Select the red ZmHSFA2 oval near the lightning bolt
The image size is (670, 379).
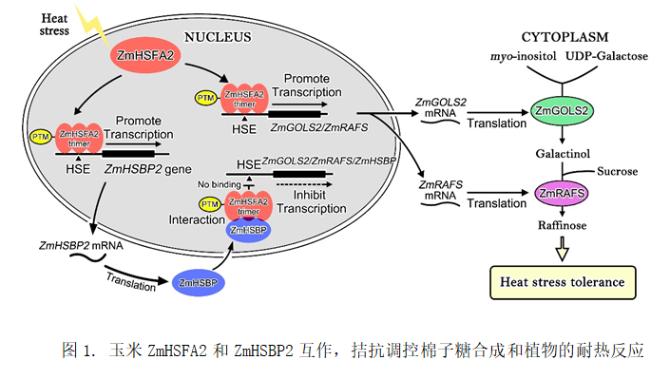point(145,55)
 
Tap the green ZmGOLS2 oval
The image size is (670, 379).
point(562,111)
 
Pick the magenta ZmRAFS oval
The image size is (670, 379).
point(562,193)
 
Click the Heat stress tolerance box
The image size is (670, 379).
point(563,282)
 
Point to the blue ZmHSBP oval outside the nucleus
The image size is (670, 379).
point(199,282)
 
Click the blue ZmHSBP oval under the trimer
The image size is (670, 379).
point(248,230)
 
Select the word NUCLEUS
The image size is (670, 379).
point(218,37)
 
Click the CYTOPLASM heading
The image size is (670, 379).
point(565,37)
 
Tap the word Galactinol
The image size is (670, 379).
point(563,154)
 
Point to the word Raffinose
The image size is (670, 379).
point(563,225)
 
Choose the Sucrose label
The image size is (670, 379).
point(618,171)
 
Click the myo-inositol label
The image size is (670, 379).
point(524,56)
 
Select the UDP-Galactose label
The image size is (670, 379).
point(606,56)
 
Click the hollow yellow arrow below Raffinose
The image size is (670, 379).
point(563,249)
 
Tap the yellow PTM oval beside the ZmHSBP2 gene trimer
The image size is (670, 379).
point(41,137)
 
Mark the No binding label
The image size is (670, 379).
point(220,184)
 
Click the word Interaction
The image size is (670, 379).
point(197,219)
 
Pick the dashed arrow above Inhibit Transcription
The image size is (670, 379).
point(304,184)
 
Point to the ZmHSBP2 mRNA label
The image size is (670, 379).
point(81,246)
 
